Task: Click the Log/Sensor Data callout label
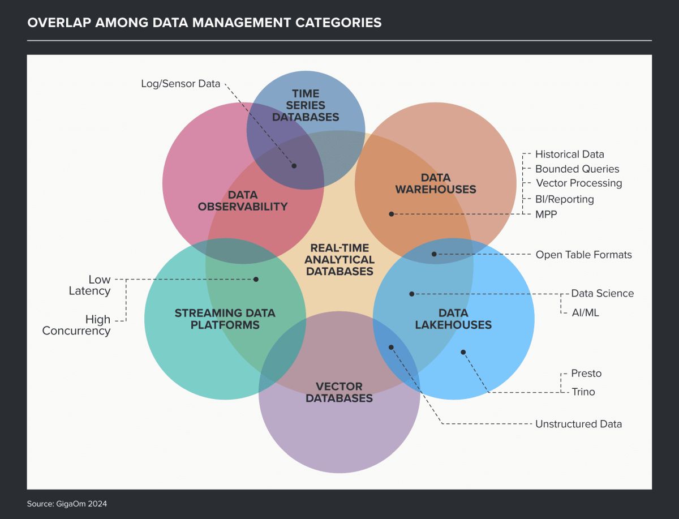click(180, 84)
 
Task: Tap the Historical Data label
click(569, 154)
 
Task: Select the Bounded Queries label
click(577, 169)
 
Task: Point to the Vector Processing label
click(579, 183)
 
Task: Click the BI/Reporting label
click(565, 199)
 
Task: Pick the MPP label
click(546, 214)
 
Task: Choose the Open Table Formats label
click(583, 255)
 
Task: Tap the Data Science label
click(602, 293)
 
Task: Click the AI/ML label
click(585, 312)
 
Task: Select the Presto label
click(586, 374)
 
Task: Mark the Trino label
click(583, 392)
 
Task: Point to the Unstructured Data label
click(578, 424)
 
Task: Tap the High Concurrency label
click(76, 325)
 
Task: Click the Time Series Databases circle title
click(305, 105)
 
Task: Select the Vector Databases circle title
click(339, 392)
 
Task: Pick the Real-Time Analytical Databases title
click(339, 259)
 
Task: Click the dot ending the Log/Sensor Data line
click(294, 166)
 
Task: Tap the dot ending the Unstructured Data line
click(390, 347)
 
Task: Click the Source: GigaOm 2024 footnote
click(67, 503)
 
